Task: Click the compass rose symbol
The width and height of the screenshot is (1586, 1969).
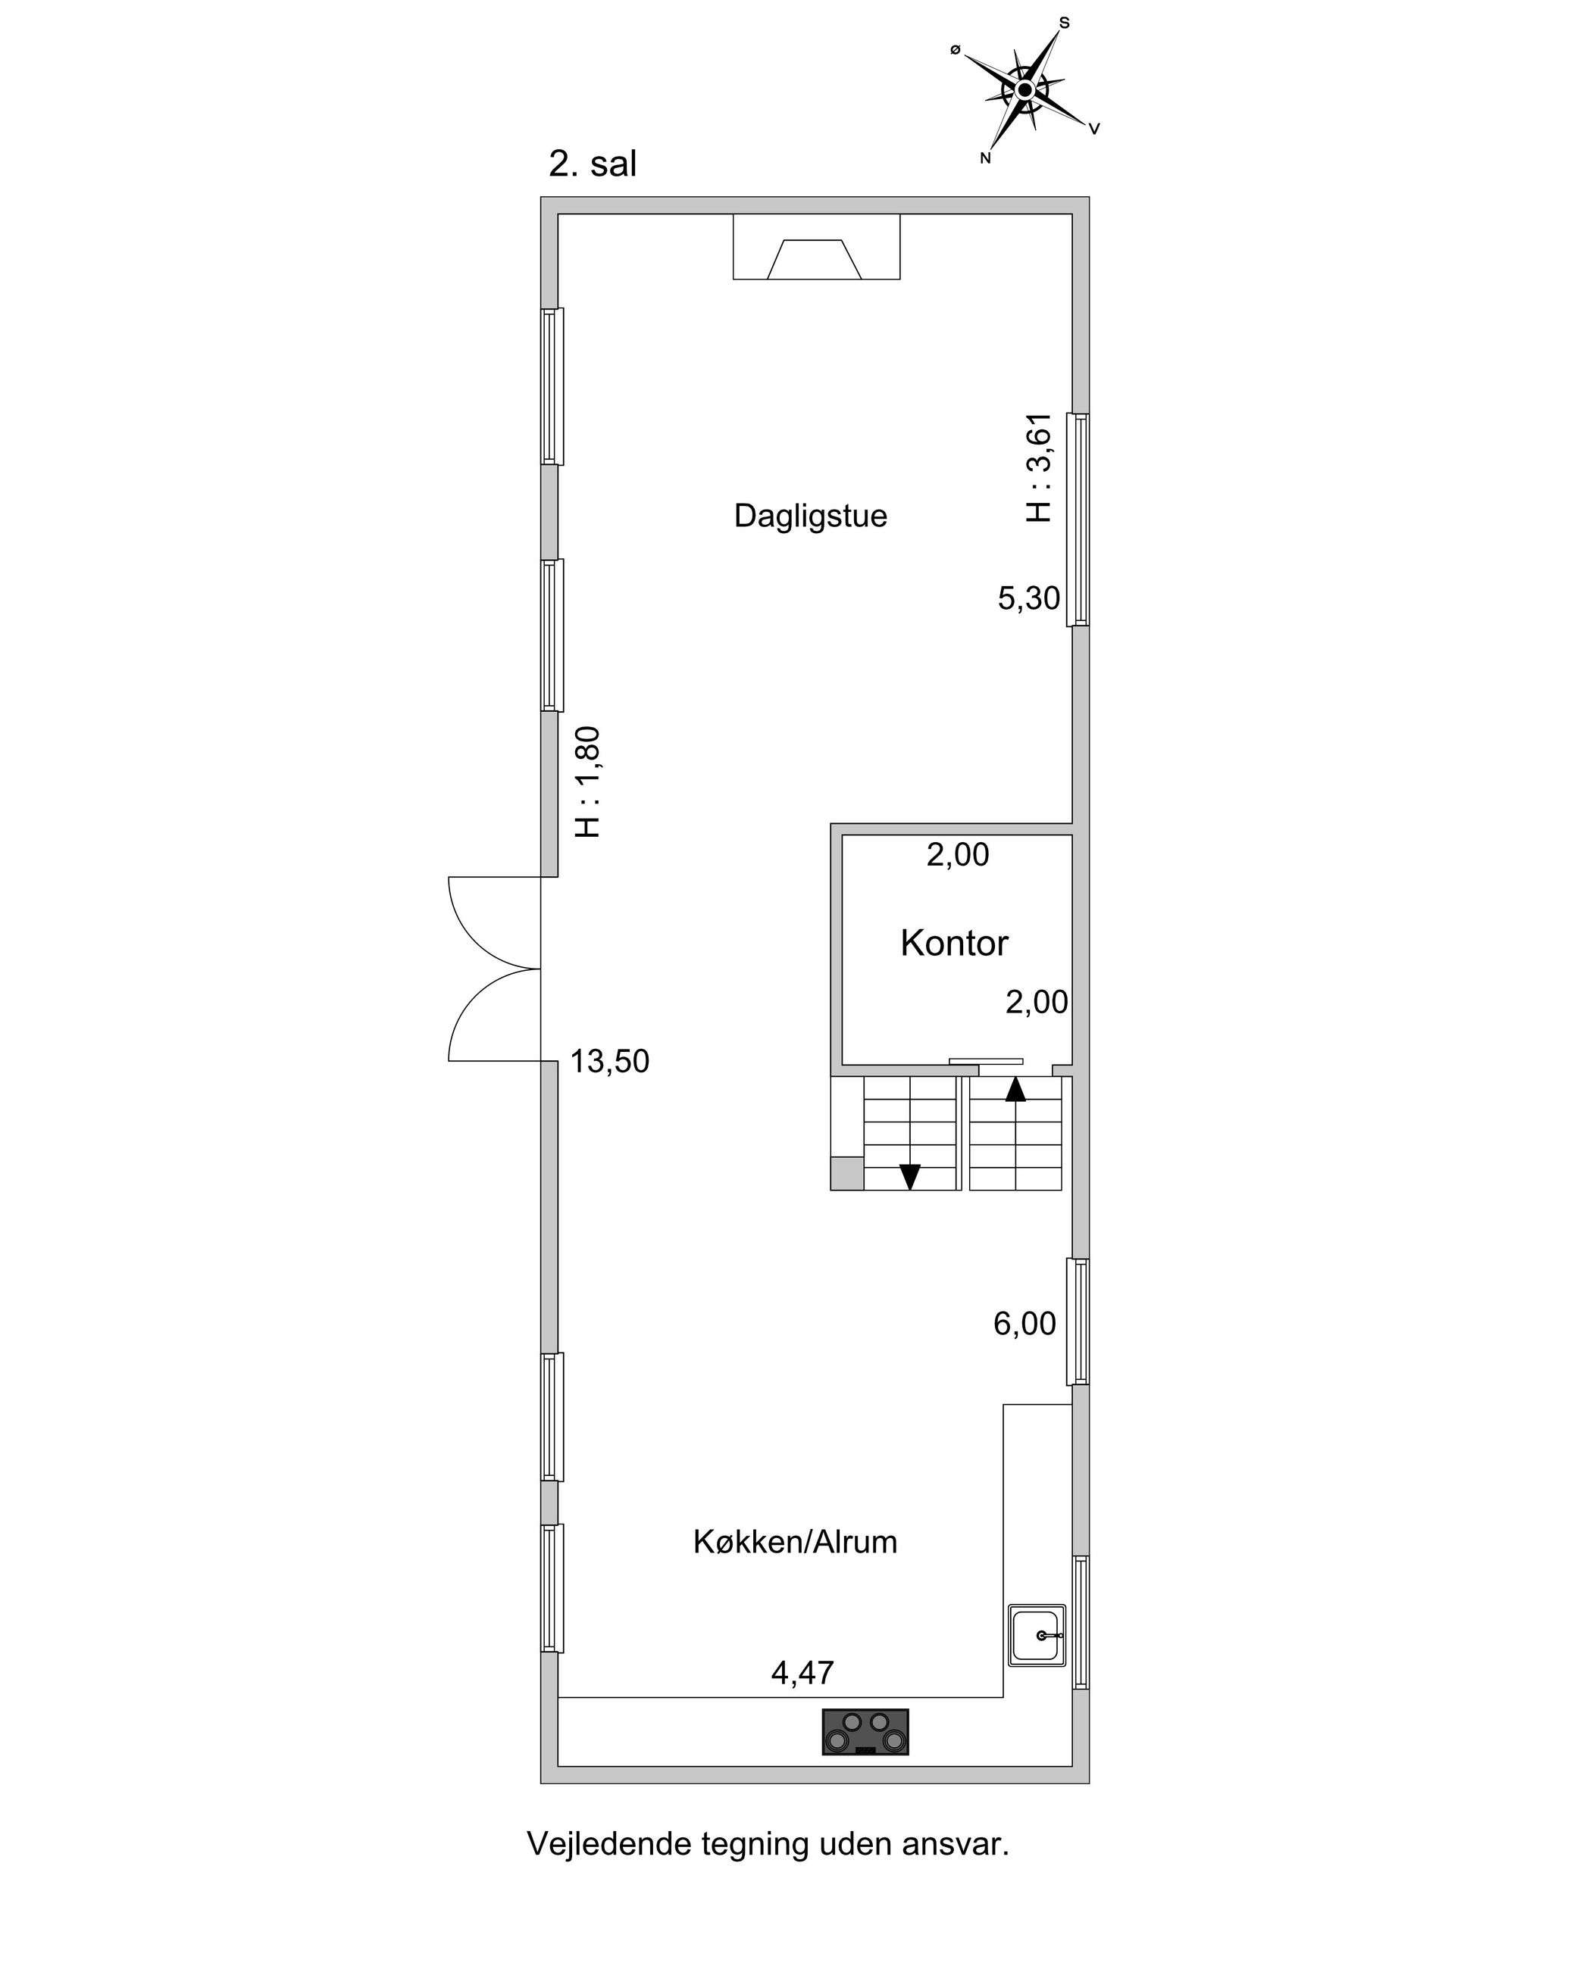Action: (1025, 89)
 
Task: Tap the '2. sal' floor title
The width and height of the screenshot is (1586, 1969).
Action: (592, 164)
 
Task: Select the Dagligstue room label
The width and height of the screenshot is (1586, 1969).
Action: (810, 516)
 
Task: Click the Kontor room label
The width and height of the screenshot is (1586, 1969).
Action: (954, 944)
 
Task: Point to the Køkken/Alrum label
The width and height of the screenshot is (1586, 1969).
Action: (795, 1543)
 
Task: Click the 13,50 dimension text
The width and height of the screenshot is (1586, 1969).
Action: (609, 1061)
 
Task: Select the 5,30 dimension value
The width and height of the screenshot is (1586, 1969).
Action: (1029, 599)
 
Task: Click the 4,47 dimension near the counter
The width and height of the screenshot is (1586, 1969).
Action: (802, 1673)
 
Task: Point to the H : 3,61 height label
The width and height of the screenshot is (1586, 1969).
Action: (1040, 467)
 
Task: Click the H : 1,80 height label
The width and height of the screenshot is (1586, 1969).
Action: (587, 782)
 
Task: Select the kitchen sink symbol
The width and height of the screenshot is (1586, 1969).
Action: (1037, 1636)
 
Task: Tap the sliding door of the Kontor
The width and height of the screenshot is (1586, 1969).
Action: (986, 1061)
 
